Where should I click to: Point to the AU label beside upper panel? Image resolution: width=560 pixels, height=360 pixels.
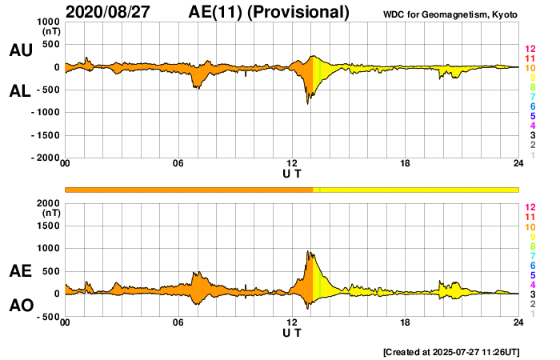click(20, 50)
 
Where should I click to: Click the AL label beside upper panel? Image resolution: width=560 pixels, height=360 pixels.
click(20, 92)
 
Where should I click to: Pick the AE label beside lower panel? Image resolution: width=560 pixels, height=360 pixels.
click(20, 272)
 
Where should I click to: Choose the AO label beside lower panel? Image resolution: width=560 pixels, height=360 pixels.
click(20, 306)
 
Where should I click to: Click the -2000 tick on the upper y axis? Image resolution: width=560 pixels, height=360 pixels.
click(43, 158)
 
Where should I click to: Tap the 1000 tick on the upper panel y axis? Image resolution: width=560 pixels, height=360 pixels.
click(47, 22)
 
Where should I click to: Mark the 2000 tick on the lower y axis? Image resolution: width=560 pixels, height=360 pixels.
click(47, 203)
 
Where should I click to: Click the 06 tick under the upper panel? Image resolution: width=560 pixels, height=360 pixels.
click(178, 164)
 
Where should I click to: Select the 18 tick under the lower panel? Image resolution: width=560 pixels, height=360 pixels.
click(406, 322)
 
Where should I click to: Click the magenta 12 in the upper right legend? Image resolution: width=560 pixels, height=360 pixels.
click(530, 50)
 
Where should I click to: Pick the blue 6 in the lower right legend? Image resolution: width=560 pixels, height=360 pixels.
click(530, 265)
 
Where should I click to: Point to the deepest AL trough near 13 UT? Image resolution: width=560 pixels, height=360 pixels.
click(308, 104)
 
